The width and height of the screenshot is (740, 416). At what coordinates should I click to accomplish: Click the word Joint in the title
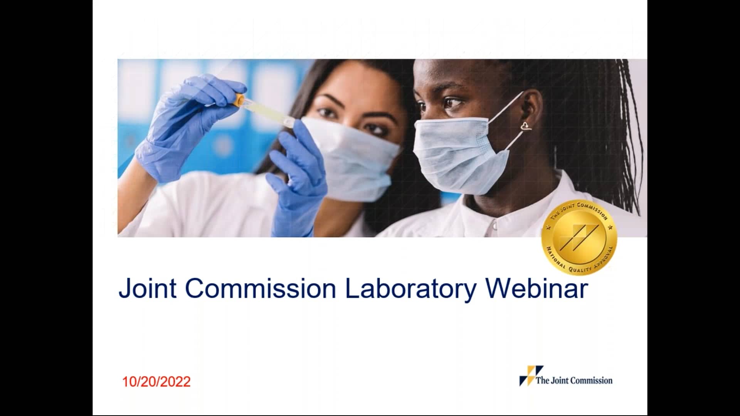click(147, 289)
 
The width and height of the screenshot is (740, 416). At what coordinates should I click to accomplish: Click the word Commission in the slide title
click(261, 289)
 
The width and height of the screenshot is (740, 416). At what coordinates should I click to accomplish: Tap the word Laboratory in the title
click(410, 289)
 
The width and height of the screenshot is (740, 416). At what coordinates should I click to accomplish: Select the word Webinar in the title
click(536, 289)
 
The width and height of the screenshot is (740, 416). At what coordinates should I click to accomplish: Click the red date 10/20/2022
click(156, 382)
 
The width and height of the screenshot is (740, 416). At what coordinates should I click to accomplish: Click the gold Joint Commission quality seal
click(579, 238)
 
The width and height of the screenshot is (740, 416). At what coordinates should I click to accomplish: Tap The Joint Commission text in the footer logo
click(574, 381)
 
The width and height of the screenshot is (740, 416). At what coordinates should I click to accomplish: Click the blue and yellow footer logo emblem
click(531, 376)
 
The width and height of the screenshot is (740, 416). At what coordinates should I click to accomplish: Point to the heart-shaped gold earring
click(526, 126)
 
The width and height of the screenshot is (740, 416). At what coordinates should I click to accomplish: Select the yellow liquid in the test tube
click(266, 112)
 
